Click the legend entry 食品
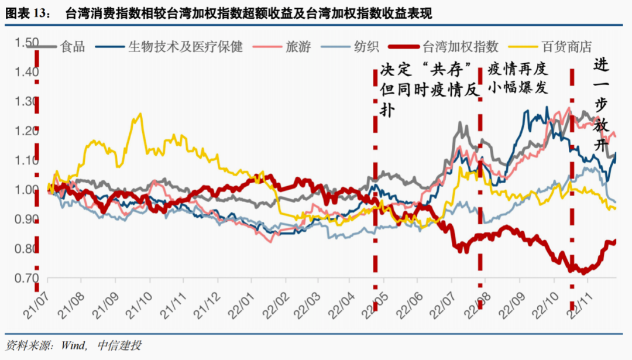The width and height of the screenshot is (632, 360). pyautogui.click(x=73, y=46)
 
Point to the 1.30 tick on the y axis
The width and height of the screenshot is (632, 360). pyautogui.click(x=26, y=102)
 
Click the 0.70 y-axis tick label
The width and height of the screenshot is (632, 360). pyautogui.click(x=26, y=279)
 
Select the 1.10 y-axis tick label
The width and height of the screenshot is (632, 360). pyautogui.click(x=26, y=161)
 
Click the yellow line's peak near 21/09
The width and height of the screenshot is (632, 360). pyautogui.click(x=139, y=114)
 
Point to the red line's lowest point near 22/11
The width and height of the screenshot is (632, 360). pyautogui.click(x=583, y=272)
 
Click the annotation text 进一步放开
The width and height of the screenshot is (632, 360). pyautogui.click(x=601, y=105)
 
